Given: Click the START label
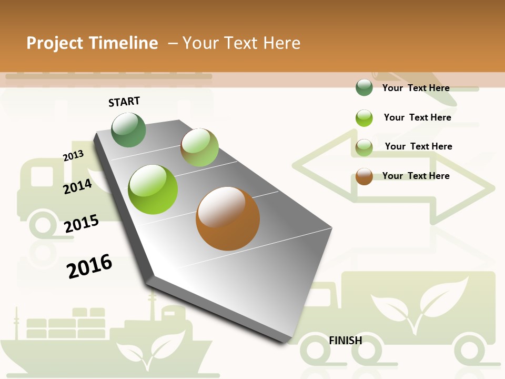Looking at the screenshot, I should pyautogui.click(x=124, y=102).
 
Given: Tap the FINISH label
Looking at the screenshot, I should pyautogui.click(x=345, y=341).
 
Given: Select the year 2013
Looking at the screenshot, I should pyautogui.click(x=73, y=156).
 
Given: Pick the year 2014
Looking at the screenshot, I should pyautogui.click(x=77, y=187).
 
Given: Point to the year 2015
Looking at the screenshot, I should pyautogui.click(x=82, y=224).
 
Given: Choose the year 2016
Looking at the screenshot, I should pyautogui.click(x=89, y=266).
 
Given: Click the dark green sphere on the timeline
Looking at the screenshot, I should pyautogui.click(x=129, y=130).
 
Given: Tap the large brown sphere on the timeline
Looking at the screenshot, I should pyautogui.click(x=228, y=218).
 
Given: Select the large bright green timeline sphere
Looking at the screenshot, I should pyautogui.click(x=153, y=189).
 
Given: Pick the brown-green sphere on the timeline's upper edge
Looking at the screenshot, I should pyautogui.click(x=199, y=147).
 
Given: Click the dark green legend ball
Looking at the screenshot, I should pyautogui.click(x=364, y=87).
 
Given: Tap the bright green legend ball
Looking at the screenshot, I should pyautogui.click(x=364, y=118).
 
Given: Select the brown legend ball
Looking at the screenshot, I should pyautogui.click(x=364, y=176).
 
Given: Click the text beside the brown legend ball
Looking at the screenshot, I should pyautogui.click(x=416, y=176).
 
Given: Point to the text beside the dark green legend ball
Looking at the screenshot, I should pyautogui.click(x=416, y=88).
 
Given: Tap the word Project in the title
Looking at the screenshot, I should pyautogui.click(x=55, y=43).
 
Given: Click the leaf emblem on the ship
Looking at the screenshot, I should pyautogui.click(x=150, y=347).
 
